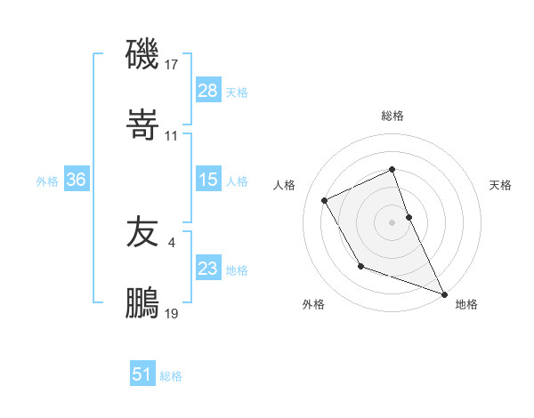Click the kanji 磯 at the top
coord(143,55)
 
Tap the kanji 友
coord(143,232)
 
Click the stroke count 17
coord(172,65)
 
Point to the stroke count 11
coord(172,136)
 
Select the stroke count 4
coord(171,242)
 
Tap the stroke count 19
coord(172,313)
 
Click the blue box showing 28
coord(207,91)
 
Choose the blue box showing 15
coord(207,180)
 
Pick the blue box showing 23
coord(207,269)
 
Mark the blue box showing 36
coord(76,180)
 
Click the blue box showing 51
coord(142,374)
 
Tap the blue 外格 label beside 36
coord(47,181)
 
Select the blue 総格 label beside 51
coord(171,376)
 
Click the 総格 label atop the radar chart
coord(392,116)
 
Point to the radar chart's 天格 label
coord(500,185)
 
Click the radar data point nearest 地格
coord(444,293)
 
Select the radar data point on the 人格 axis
coord(325,200)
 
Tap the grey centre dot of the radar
coord(392,221)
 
